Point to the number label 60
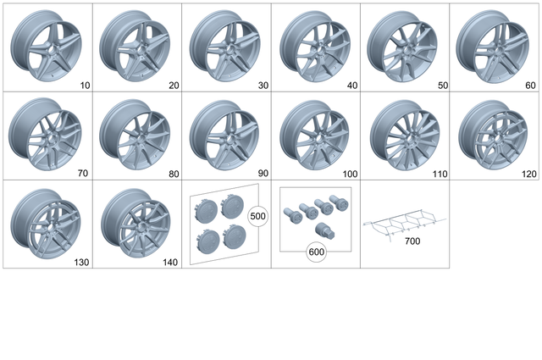coord(531,85)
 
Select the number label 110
coord(439,174)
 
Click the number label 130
coord(80,263)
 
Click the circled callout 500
coord(257,216)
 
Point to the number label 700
coord(412,241)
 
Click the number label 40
coord(351,85)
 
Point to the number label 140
coord(169,263)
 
